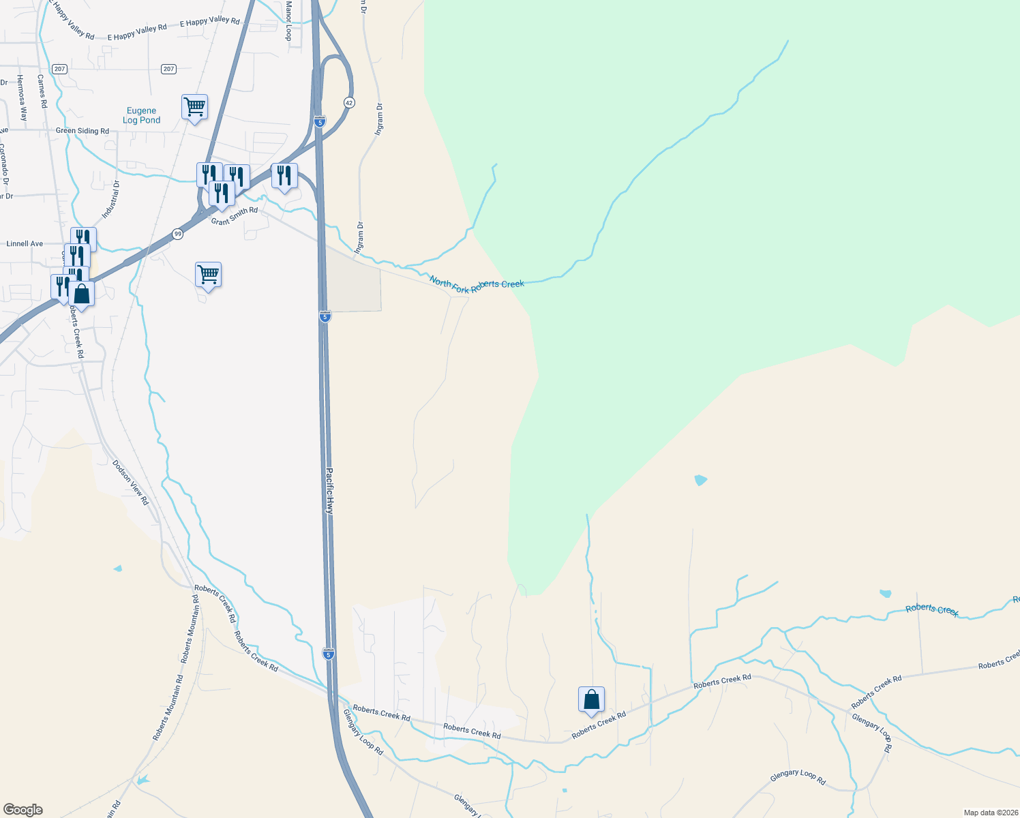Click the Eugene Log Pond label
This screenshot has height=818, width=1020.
click(x=142, y=115)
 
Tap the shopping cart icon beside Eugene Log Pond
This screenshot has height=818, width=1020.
click(x=194, y=107)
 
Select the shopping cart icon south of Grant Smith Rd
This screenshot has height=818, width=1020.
click(x=208, y=275)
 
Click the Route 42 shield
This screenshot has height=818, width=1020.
click(x=349, y=102)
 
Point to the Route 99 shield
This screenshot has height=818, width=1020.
click(x=177, y=234)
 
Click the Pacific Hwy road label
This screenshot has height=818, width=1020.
click(x=329, y=490)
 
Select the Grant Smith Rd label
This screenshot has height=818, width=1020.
click(x=235, y=216)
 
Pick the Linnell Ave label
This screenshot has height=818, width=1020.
click(x=25, y=243)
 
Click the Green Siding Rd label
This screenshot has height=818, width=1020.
click(x=82, y=131)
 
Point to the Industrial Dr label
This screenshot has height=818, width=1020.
click(x=111, y=200)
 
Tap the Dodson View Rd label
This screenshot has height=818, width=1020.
click(x=130, y=482)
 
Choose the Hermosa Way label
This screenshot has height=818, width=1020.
click(x=22, y=98)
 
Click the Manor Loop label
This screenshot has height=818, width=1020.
click(x=288, y=20)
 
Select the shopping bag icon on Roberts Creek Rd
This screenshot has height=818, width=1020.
click(x=591, y=700)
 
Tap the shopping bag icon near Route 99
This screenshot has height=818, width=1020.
click(x=81, y=294)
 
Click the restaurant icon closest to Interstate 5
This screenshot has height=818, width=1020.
click(x=284, y=176)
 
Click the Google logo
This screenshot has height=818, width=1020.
click(x=23, y=810)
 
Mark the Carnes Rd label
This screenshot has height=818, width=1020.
click(x=42, y=92)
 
